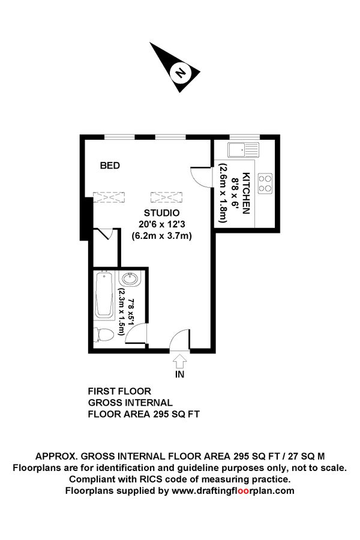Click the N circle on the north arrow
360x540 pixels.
pyautogui.click(x=179, y=73)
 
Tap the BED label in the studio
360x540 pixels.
pyautogui.click(x=110, y=166)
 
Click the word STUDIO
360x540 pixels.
pyautogui.click(x=161, y=214)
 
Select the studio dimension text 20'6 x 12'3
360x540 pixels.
pyautogui.click(x=161, y=224)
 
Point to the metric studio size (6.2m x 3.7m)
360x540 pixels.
pyautogui.click(x=161, y=236)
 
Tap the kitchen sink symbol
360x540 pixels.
pyautogui.click(x=242, y=149)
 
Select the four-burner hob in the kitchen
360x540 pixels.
pyautogui.click(x=264, y=184)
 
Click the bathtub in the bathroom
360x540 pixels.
pyautogui.click(x=107, y=295)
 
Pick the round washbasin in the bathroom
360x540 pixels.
pyautogui.click(x=129, y=280)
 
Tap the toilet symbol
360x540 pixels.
pyautogui.click(x=103, y=336)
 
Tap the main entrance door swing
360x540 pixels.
pyautogui.click(x=179, y=340)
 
